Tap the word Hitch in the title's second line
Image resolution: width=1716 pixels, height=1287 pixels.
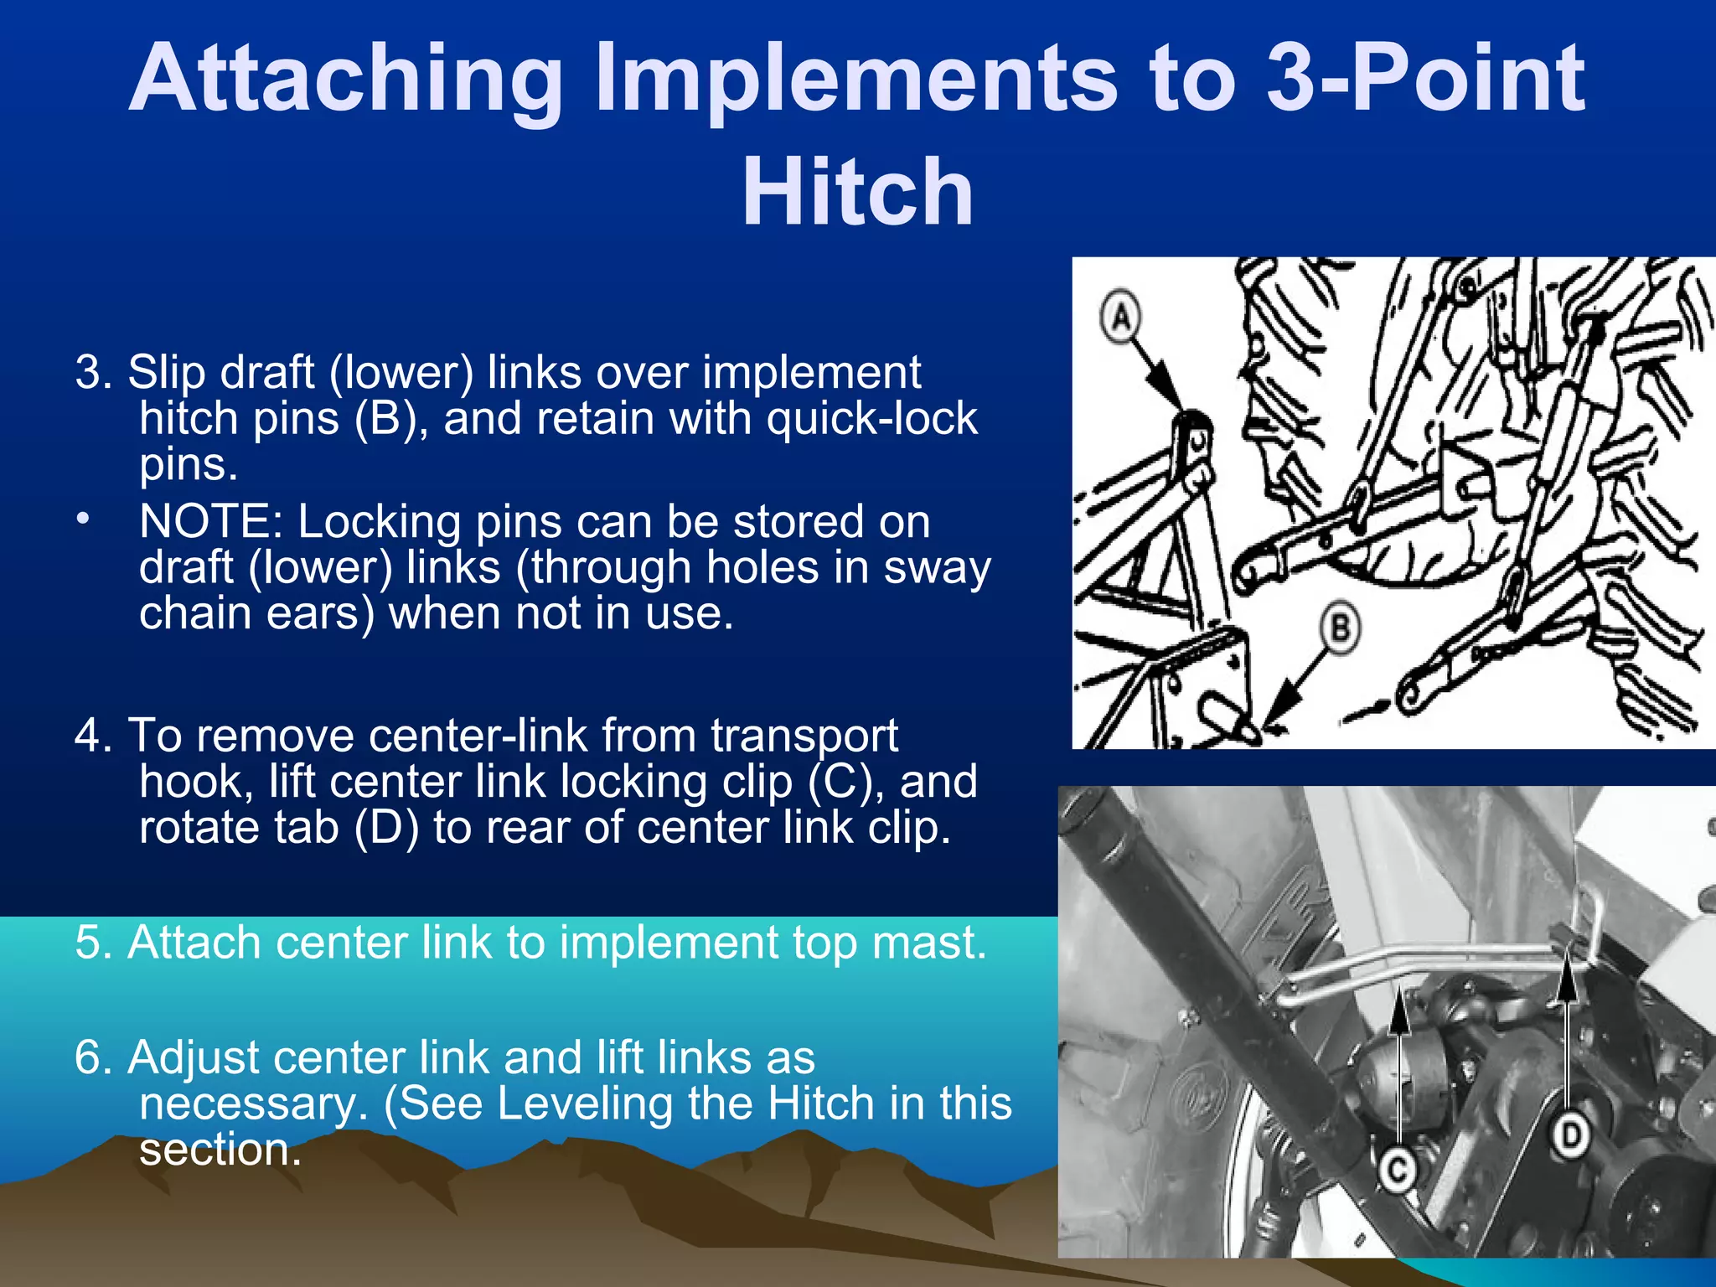[857, 192]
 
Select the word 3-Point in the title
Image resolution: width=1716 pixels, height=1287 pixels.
[1424, 79]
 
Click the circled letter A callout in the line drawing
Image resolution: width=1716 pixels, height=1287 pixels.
[1121, 317]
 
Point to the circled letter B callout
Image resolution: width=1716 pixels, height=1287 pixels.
[1341, 628]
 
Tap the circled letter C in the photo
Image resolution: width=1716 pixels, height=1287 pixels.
[1397, 1169]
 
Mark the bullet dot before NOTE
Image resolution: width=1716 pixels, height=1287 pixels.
[82, 519]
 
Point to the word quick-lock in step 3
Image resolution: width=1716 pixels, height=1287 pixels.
[871, 418]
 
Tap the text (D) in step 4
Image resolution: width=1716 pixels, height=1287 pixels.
[386, 828]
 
